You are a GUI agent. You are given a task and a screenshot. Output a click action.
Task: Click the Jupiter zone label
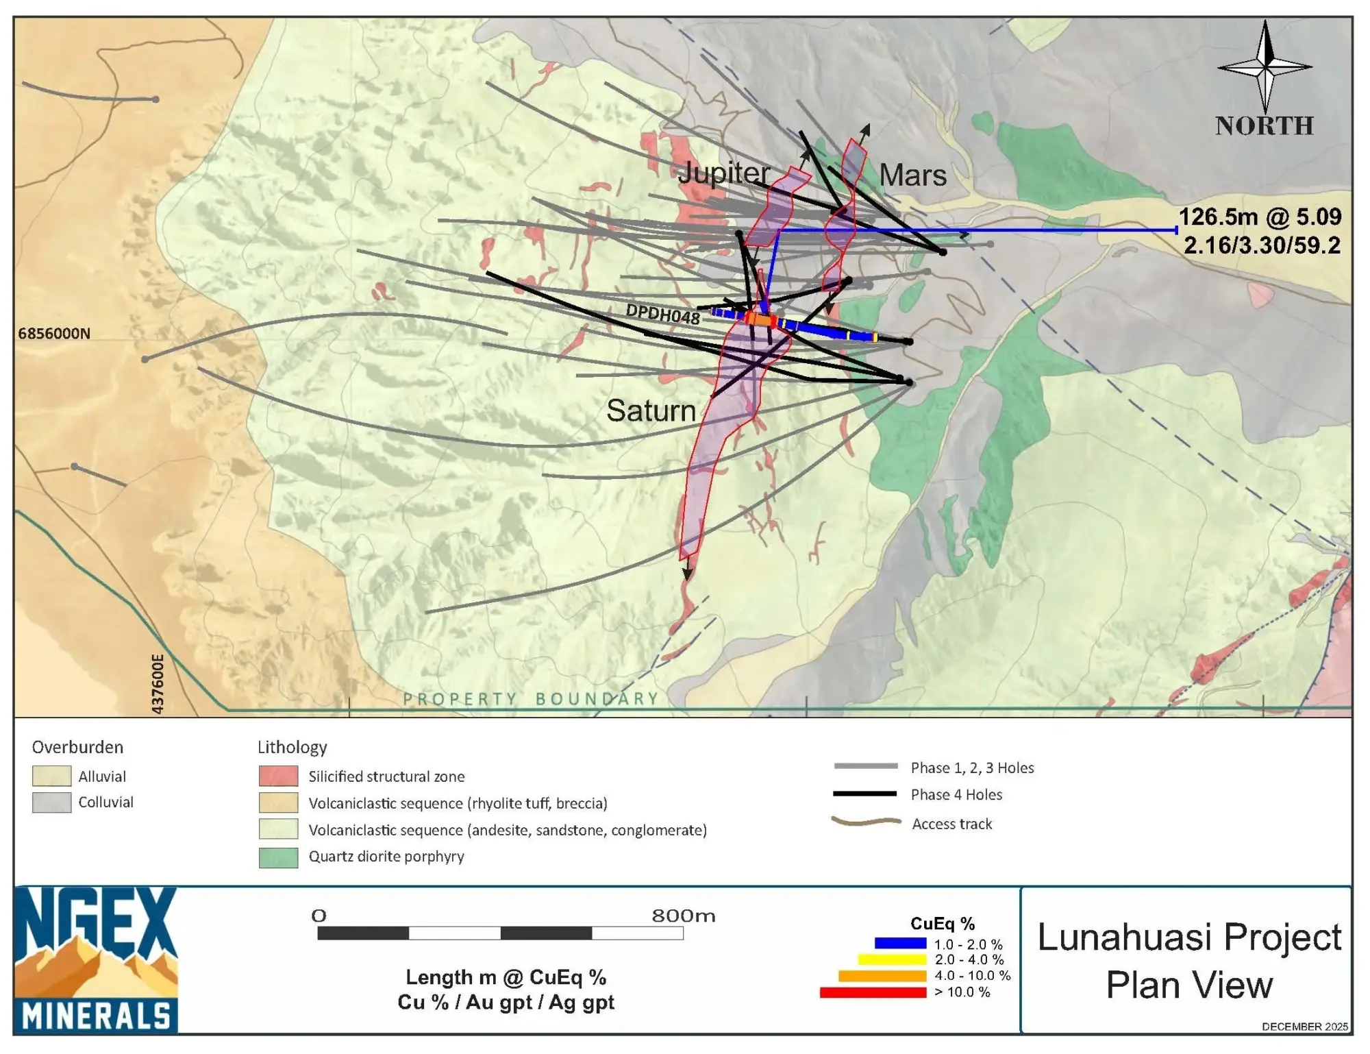pos(723,173)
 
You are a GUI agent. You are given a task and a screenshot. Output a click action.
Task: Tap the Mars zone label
pos(912,175)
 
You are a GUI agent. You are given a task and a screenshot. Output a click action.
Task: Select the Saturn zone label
pos(651,411)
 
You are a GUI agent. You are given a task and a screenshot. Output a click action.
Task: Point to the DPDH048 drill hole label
pos(662,315)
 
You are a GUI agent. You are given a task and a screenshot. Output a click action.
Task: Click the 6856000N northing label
pos(54,334)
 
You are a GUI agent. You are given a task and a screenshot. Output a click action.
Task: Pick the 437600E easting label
pos(158,684)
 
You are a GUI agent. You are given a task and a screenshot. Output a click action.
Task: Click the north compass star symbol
pos(1265,66)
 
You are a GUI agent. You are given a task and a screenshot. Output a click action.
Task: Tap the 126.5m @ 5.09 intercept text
pos(1259,217)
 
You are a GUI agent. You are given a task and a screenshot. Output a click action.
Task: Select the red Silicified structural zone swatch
pos(278,776)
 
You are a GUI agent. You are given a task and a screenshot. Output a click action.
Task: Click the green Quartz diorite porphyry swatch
pos(278,857)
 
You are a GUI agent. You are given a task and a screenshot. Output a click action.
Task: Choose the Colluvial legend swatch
pos(51,802)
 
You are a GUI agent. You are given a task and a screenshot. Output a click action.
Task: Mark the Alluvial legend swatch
pos(51,776)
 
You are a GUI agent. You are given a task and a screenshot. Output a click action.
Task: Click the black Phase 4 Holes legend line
pos(864,794)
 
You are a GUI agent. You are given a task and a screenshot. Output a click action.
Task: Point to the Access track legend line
pos(866,822)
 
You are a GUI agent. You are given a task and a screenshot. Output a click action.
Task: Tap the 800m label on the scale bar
pos(683,916)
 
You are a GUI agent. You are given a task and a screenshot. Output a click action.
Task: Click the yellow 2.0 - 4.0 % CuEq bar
pos(891,960)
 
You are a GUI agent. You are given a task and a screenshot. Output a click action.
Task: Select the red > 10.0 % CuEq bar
pos(873,992)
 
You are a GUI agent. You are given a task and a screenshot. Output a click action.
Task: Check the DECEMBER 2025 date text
pos(1305,1027)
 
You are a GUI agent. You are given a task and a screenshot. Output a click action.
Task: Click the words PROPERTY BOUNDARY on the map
pos(530,699)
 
